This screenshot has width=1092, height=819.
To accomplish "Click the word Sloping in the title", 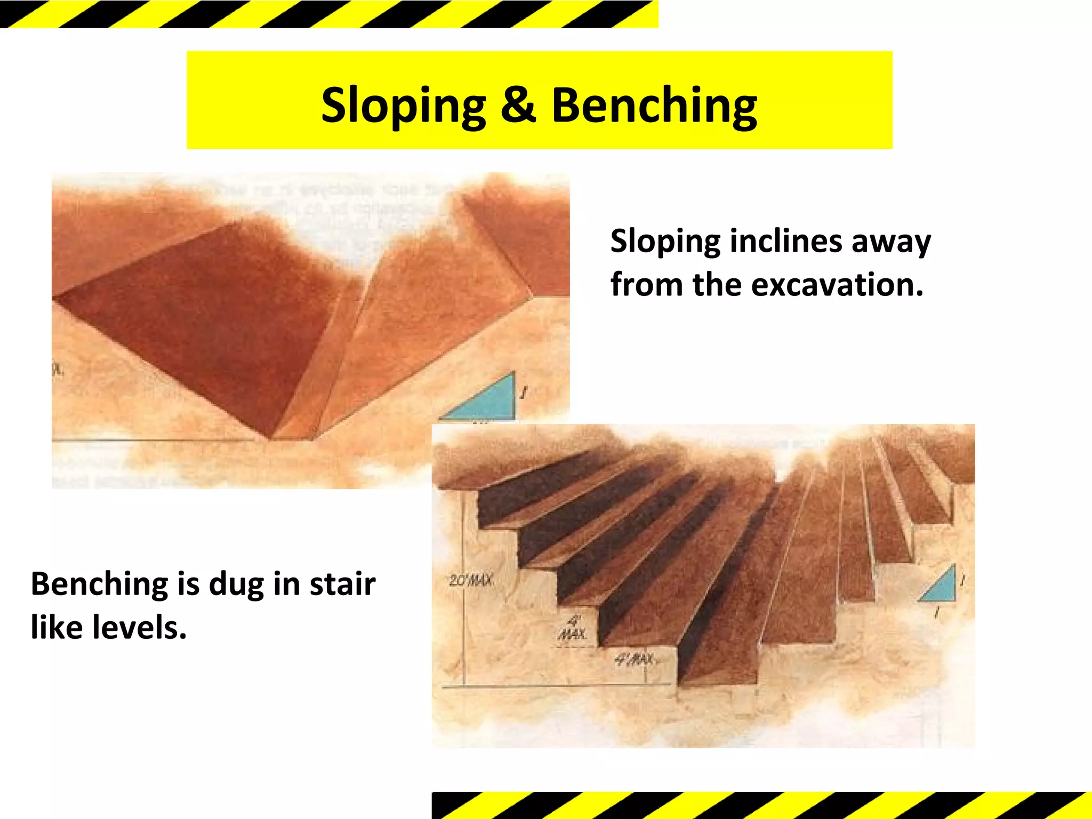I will coord(404,105).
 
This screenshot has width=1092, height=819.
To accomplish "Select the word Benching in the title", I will coord(654,105).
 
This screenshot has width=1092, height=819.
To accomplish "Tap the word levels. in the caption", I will coord(139,627).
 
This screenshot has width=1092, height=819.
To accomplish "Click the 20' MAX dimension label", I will coord(471,581).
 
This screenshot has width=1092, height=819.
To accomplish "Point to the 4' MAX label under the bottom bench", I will coord(635,660).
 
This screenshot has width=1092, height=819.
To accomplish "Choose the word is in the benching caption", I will coord(188,583).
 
